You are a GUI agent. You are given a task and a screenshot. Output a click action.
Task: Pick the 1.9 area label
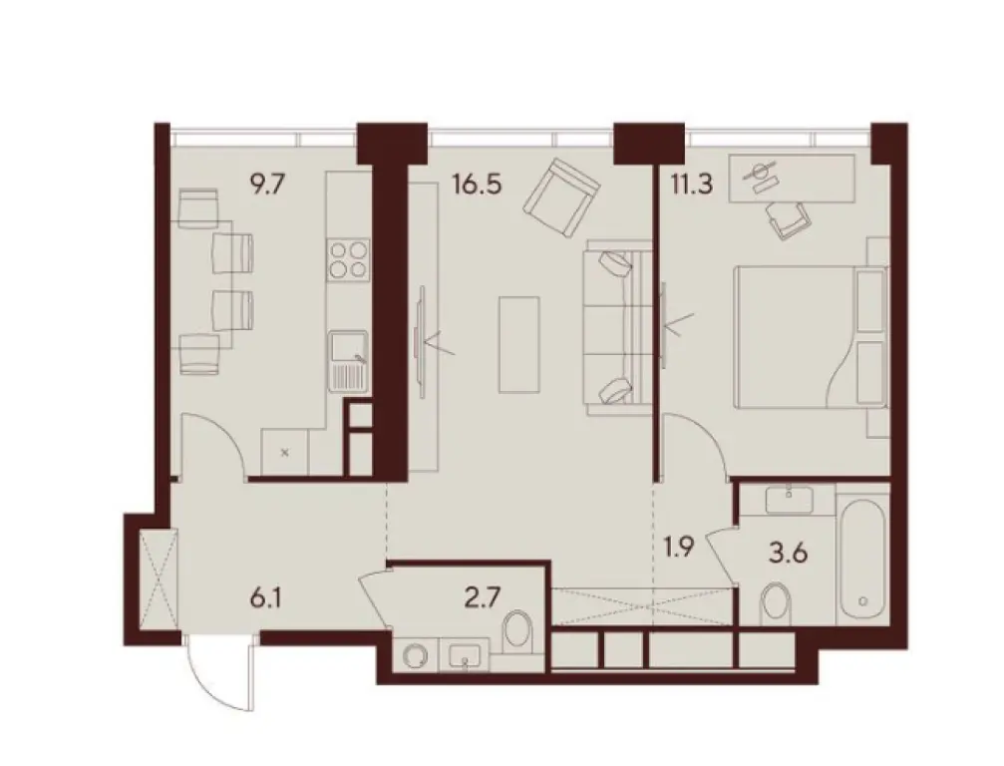[x=682, y=548]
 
